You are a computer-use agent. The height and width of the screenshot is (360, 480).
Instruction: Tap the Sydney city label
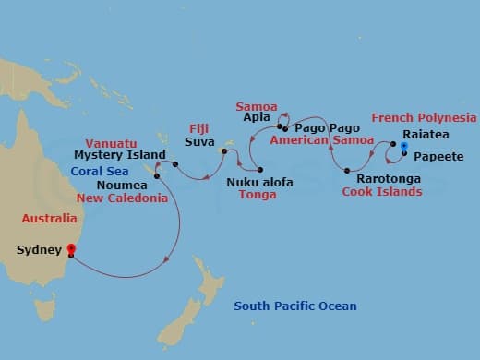pos(39,249)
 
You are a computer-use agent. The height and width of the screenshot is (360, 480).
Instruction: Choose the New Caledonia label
pos(122,198)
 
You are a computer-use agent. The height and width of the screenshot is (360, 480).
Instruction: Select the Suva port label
pos(199,143)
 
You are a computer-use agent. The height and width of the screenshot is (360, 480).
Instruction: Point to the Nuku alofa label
pos(259,183)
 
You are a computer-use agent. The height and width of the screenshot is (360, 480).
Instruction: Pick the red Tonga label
pos(258,196)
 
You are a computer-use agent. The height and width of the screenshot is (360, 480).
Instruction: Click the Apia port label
pos(255,119)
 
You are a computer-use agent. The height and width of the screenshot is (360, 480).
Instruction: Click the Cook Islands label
pos(382,192)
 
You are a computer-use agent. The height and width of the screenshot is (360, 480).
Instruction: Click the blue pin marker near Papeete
pos(404,146)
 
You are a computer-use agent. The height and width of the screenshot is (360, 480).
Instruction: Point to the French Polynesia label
pos(424,117)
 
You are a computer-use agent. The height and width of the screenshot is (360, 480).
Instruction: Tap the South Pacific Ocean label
pos(294,306)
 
